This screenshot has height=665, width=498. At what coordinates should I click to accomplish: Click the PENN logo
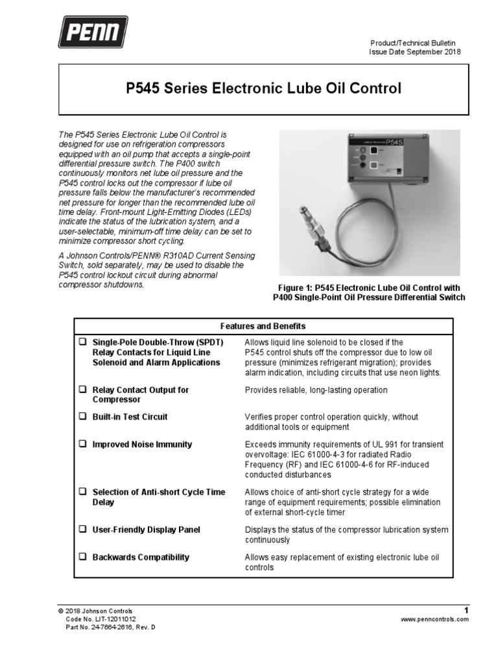pyautogui.click(x=93, y=32)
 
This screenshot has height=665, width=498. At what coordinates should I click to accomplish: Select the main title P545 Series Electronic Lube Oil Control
pyautogui.click(x=263, y=88)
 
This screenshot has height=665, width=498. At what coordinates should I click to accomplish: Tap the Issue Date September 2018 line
pyautogui.click(x=415, y=52)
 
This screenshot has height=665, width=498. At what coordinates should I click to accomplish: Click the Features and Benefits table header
pyautogui.click(x=263, y=326)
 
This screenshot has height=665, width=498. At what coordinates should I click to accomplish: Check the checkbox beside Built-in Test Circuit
pyautogui.click(x=82, y=416)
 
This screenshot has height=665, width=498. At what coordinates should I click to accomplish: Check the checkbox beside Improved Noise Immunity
pyautogui.click(x=82, y=444)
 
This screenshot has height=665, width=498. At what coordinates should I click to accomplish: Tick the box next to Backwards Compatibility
pyautogui.click(x=82, y=557)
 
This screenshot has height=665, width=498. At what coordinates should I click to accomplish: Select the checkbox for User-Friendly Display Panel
pyautogui.click(x=82, y=529)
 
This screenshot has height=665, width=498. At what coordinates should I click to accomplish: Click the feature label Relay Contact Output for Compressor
pyautogui.click(x=141, y=395)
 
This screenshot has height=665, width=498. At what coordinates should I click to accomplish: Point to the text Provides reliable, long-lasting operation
pyautogui.click(x=316, y=390)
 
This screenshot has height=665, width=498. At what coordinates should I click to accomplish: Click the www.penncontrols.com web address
pyautogui.click(x=434, y=620)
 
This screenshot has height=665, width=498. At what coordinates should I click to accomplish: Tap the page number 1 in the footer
pyautogui.click(x=466, y=610)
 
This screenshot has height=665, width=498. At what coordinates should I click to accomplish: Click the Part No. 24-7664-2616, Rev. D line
pyautogui.click(x=111, y=628)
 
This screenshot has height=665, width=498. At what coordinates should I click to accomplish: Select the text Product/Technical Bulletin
pyautogui.click(x=415, y=43)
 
